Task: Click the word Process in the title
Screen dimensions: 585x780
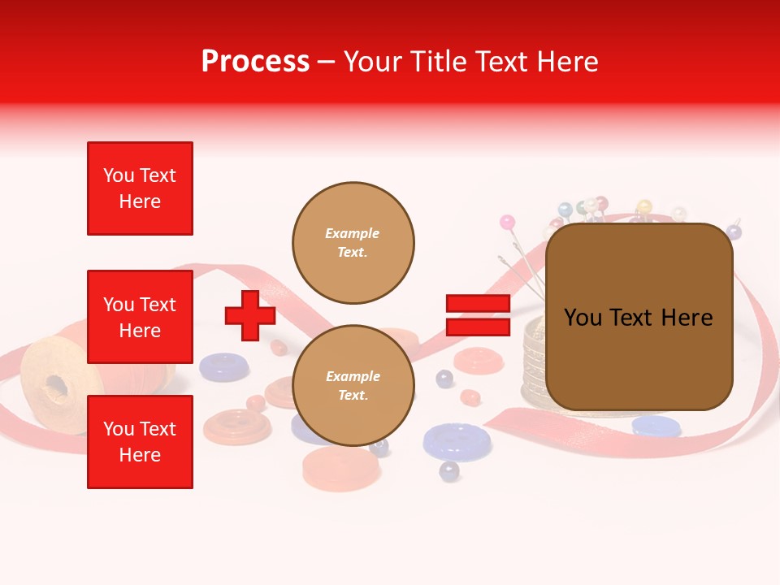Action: [255, 62]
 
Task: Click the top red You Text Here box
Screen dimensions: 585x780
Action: [140, 188]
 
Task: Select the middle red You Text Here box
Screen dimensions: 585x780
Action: [140, 317]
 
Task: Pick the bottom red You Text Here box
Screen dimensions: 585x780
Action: [140, 442]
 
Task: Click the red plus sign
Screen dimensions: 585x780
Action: [250, 316]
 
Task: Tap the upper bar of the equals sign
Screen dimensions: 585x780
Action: [478, 304]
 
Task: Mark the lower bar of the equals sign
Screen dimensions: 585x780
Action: [478, 327]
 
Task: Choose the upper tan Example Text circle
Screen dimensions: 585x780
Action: [353, 243]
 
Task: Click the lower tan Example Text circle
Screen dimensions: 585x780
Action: [353, 386]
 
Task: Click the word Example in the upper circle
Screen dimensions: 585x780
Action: [353, 233]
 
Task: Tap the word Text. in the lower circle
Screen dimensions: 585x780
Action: [353, 396]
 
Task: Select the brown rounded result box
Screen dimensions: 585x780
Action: [639, 317]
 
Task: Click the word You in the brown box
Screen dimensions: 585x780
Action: [582, 318]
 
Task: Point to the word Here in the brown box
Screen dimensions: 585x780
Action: [687, 318]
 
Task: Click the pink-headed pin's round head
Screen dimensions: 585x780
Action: [507, 222]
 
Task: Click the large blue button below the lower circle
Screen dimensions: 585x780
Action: [457, 440]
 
